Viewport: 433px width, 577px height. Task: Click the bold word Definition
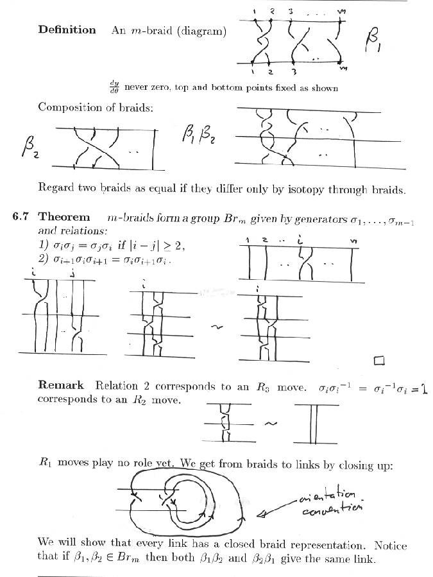tap(67, 30)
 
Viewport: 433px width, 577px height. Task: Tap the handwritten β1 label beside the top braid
tap(375, 44)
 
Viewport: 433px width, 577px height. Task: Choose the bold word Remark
tap(61, 386)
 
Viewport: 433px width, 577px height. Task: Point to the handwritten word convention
tap(332, 511)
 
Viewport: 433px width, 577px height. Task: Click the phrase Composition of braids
tap(96, 107)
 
